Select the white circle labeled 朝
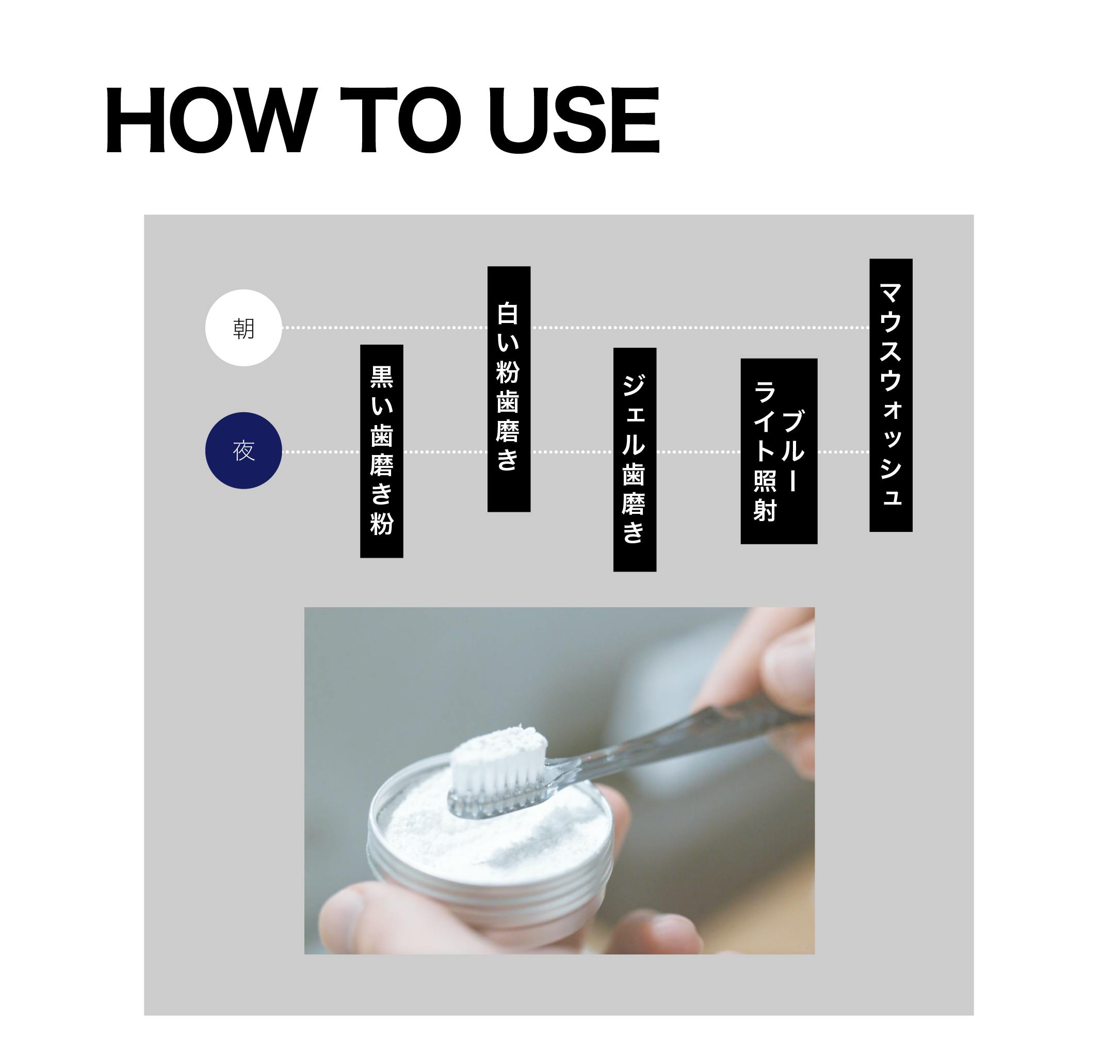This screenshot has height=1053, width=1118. coord(244,328)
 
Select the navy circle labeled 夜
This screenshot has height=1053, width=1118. coord(244,450)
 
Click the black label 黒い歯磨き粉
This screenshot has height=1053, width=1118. coord(381,451)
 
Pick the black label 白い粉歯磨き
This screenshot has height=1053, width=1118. coord(509,389)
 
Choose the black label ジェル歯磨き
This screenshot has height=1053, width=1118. coord(635,460)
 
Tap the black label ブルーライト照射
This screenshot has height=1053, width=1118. coord(779,451)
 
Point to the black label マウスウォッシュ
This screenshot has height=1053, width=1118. coord(891,395)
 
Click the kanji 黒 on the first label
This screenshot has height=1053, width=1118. coord(381,376)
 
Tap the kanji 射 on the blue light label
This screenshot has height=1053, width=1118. coord(765,510)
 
